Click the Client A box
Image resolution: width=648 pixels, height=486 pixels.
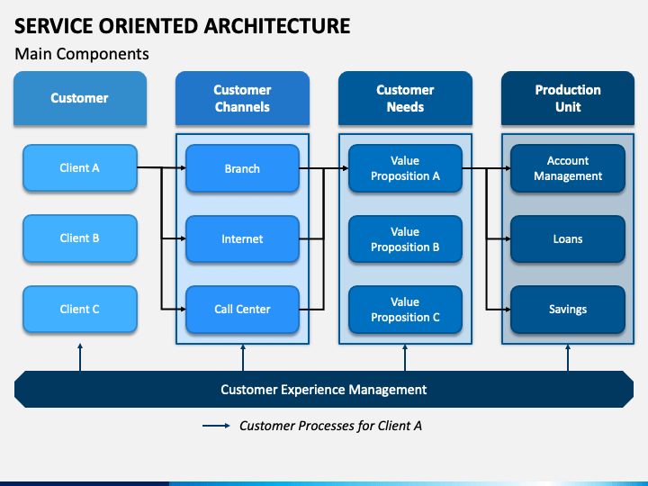pyautogui.click(x=80, y=167)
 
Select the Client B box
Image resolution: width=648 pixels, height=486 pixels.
pyautogui.click(x=80, y=238)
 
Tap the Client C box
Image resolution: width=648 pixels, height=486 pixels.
pyautogui.click(x=80, y=309)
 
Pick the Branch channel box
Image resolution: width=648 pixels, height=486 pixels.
pyautogui.click(x=243, y=168)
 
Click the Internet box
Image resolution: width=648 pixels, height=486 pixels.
pyautogui.click(x=243, y=238)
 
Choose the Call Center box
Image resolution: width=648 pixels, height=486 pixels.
pyautogui.click(x=243, y=309)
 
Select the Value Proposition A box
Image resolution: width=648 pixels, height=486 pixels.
pyautogui.click(x=405, y=168)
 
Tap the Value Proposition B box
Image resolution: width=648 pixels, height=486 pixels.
pyautogui.click(x=405, y=238)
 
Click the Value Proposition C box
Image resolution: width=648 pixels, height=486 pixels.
pyautogui.click(x=405, y=309)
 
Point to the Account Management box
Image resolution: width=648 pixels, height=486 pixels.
pyautogui.click(x=568, y=168)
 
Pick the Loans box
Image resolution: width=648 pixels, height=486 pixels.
pyautogui.click(x=568, y=238)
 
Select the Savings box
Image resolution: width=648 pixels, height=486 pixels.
pyautogui.click(x=568, y=309)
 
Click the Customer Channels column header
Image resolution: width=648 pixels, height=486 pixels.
pyautogui.click(x=243, y=98)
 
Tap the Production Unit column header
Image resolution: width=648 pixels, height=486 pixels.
pyautogui.click(x=568, y=98)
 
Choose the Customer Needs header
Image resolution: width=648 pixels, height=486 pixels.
pyautogui.click(x=405, y=98)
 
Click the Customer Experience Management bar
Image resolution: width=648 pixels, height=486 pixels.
pyautogui.click(x=324, y=390)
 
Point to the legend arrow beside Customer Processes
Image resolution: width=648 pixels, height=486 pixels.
pyautogui.click(x=216, y=426)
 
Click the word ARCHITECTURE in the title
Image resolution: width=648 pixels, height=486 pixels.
pyautogui.click(x=277, y=26)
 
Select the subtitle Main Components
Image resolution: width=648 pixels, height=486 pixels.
pyautogui.click(x=82, y=54)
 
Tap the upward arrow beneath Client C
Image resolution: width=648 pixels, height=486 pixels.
pyautogui.click(x=80, y=357)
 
